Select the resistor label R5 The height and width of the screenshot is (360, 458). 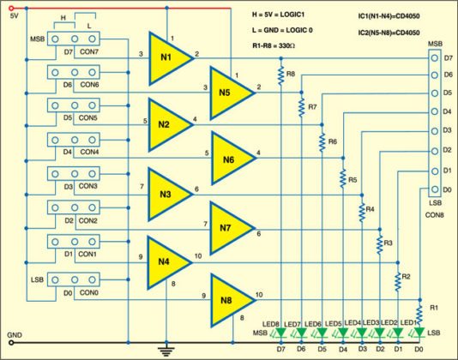(353, 180)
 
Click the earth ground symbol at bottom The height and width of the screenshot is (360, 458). (165, 348)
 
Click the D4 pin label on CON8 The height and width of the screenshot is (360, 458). (447, 112)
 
